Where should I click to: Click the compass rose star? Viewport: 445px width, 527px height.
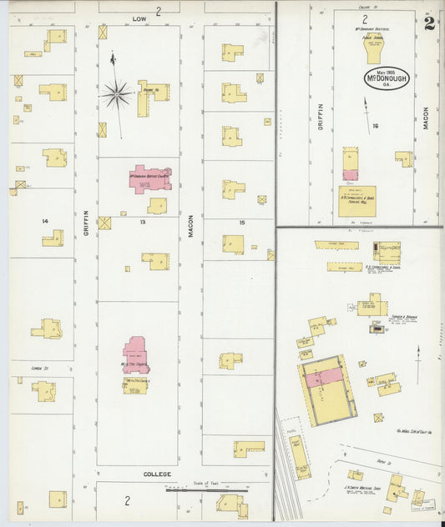(x=117, y=93)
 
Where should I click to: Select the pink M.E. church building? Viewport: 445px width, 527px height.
(x=136, y=354)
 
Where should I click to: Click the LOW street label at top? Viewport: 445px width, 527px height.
(x=139, y=17)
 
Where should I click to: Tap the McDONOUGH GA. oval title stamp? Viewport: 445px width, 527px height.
(x=387, y=79)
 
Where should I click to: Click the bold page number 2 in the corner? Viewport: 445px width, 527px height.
(x=429, y=23)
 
